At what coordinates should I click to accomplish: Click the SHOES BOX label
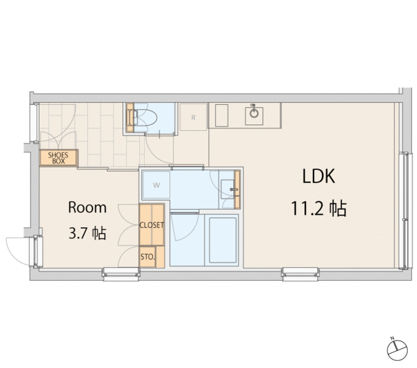[x=58, y=158]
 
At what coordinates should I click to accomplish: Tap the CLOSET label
[x=152, y=225]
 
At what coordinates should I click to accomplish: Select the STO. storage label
[x=147, y=257]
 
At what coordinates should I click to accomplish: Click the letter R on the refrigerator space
[x=194, y=117]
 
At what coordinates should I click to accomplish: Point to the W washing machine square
[x=156, y=185]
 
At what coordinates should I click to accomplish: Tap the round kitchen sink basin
[x=254, y=113]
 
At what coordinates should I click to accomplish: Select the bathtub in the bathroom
[x=223, y=240]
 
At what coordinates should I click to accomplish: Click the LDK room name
[x=319, y=176]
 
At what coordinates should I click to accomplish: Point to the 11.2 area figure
[x=308, y=208]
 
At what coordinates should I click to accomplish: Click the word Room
[x=87, y=207]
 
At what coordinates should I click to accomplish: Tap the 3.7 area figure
[x=78, y=234]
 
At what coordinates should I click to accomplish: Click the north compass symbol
[x=397, y=349]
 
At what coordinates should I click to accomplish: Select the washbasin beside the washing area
[x=228, y=189]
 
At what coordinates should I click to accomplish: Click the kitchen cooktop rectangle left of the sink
[x=222, y=116]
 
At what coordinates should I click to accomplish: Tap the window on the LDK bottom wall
[x=300, y=274]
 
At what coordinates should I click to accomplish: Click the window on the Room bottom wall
[x=121, y=274]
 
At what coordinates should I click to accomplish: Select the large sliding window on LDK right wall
[x=405, y=211]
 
